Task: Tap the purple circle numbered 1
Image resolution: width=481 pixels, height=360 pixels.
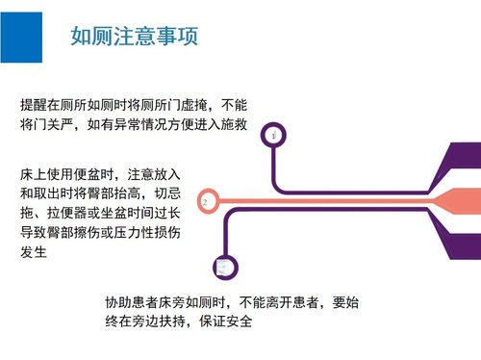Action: point(275,136)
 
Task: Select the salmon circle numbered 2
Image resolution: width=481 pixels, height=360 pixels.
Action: point(205,202)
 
